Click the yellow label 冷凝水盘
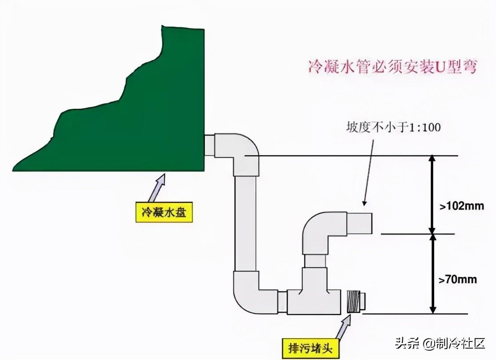(x=164, y=213)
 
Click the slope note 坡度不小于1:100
(x=393, y=128)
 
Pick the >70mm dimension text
(x=458, y=280)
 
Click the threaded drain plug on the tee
(x=353, y=301)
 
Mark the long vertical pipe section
(x=245, y=222)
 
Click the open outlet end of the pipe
(x=369, y=223)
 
